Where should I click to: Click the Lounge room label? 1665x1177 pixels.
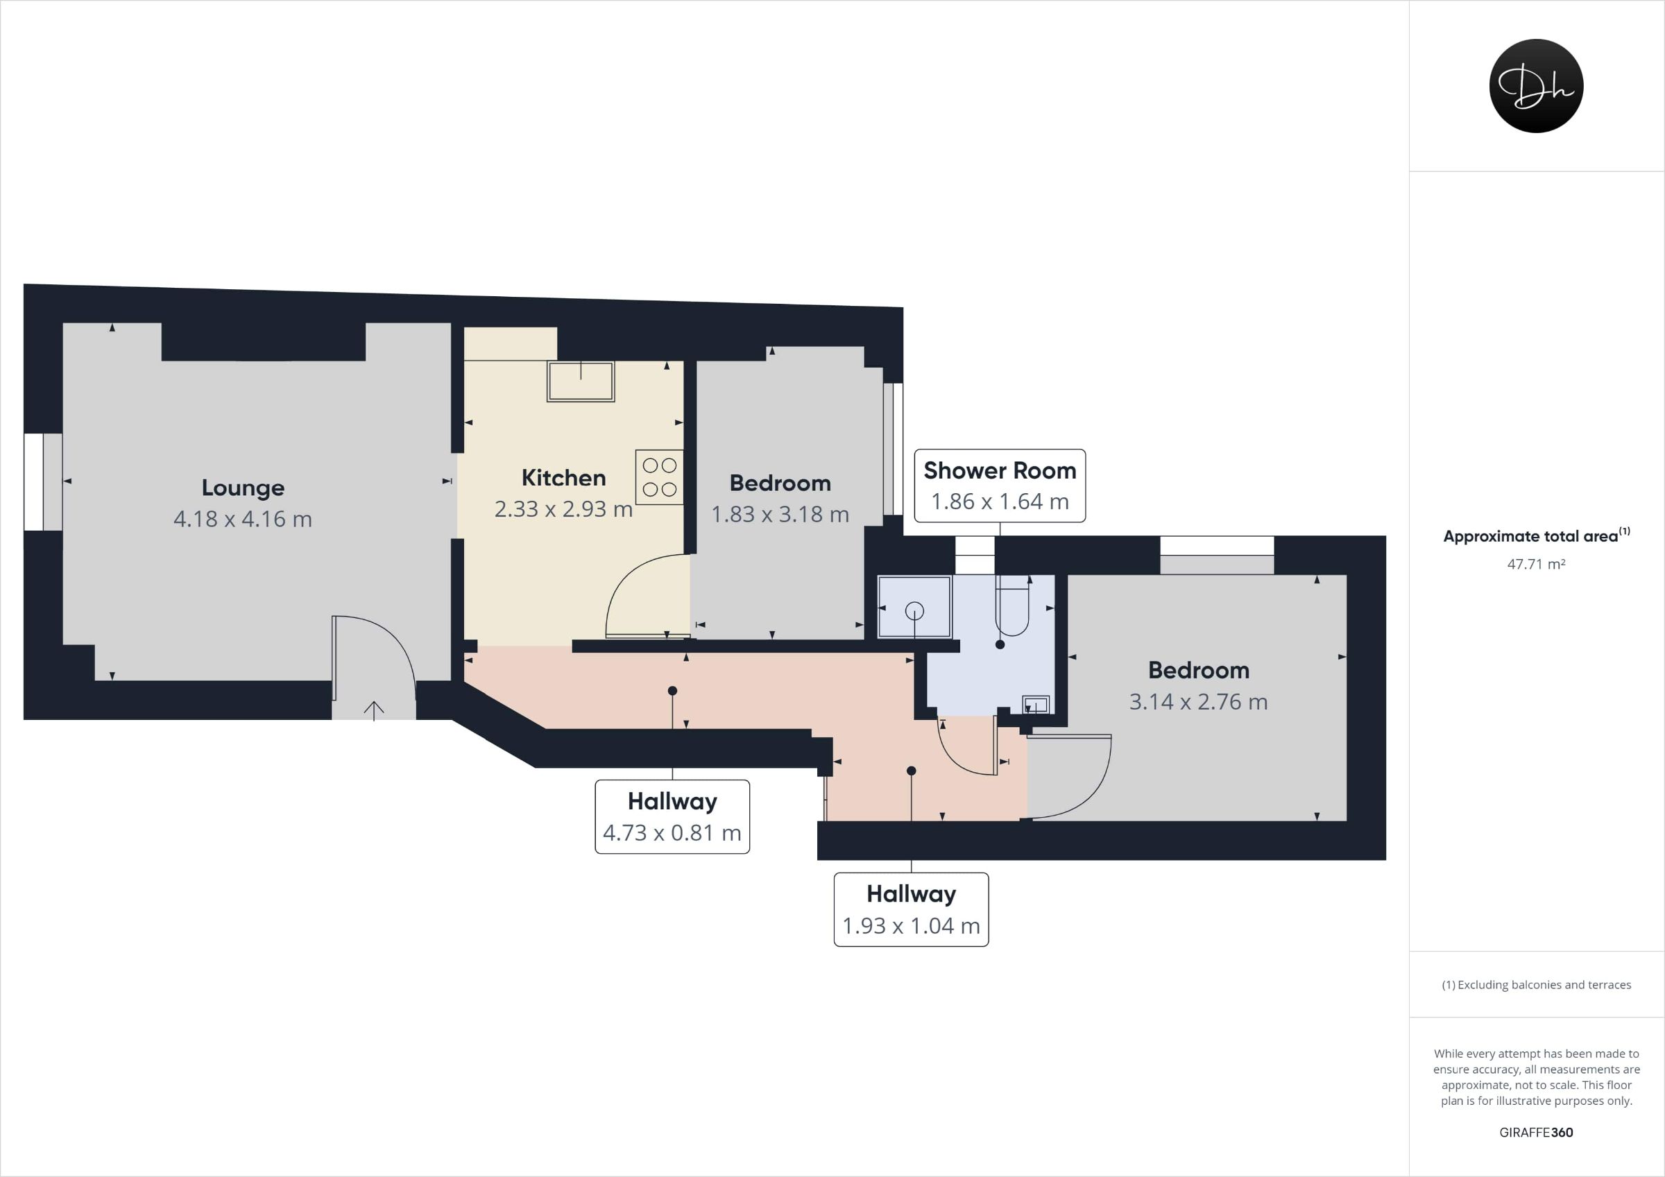point(243,488)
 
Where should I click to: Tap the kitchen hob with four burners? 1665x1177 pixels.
point(659,477)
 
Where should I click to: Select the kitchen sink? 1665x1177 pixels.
point(581,381)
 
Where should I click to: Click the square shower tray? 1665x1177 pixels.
point(914,607)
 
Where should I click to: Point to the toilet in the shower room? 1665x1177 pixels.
point(1011,605)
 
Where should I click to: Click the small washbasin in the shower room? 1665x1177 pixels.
point(1036,704)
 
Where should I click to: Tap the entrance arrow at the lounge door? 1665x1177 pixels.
point(373,711)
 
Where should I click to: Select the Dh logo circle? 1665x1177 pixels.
point(1536,85)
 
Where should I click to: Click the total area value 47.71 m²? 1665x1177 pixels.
point(1536,564)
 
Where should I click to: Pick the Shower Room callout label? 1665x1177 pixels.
point(999,486)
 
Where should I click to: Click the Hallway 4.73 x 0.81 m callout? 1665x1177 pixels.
point(672,816)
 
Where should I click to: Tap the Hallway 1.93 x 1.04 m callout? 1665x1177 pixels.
point(911,909)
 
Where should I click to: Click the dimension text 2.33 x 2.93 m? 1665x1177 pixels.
point(563,509)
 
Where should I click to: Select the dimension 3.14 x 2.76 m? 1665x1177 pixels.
point(1199,702)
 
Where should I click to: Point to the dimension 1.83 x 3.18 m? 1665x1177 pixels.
point(780,514)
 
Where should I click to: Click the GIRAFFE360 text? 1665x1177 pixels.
point(1536,1132)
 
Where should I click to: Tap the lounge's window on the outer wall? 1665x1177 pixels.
point(43,481)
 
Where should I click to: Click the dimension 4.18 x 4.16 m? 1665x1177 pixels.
point(243,519)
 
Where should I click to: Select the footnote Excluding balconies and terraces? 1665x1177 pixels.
point(1536,985)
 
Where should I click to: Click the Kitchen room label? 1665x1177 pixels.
point(563,478)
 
